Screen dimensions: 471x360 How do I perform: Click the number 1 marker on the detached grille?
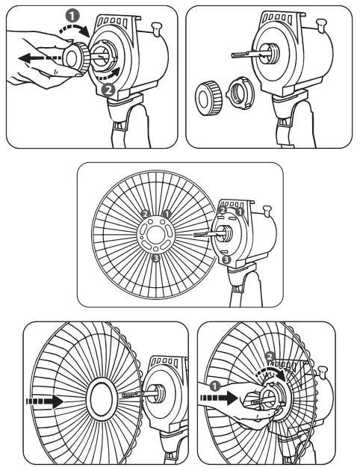[167, 215]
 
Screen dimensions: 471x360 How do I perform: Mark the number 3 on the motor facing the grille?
[226, 259]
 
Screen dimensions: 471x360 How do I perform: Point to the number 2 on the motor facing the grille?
[222, 212]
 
